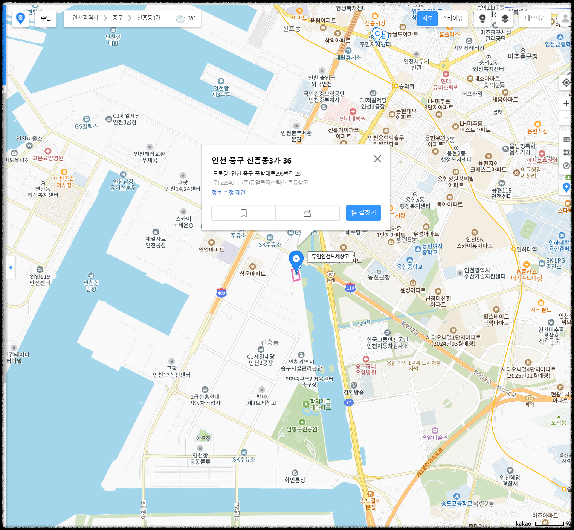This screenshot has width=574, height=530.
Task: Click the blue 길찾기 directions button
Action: click(363, 213)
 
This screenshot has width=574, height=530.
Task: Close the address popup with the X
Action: click(377, 159)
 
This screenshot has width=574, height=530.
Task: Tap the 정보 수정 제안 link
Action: click(228, 193)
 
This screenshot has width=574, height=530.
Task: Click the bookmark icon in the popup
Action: click(243, 213)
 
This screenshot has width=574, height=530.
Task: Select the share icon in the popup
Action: click(307, 213)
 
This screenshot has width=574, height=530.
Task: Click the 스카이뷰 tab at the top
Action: click(452, 18)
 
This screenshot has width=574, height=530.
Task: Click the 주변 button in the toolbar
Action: click(46, 18)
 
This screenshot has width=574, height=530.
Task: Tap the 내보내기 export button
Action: click(535, 18)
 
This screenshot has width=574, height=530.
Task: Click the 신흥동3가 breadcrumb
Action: click(149, 18)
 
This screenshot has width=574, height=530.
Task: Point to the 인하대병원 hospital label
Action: click(353, 118)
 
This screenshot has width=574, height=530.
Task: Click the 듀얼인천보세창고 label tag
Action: click(330, 257)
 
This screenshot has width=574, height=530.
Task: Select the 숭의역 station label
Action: click(406, 86)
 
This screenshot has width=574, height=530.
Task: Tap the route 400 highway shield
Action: click(221, 293)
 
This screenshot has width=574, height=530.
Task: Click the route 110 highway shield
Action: click(350, 288)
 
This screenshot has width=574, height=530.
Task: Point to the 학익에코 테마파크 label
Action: click(320, 404)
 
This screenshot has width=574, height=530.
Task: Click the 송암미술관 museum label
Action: click(435, 437)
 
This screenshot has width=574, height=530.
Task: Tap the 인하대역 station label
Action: click(527, 249)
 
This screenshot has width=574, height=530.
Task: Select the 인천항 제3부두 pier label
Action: click(221, 91)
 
